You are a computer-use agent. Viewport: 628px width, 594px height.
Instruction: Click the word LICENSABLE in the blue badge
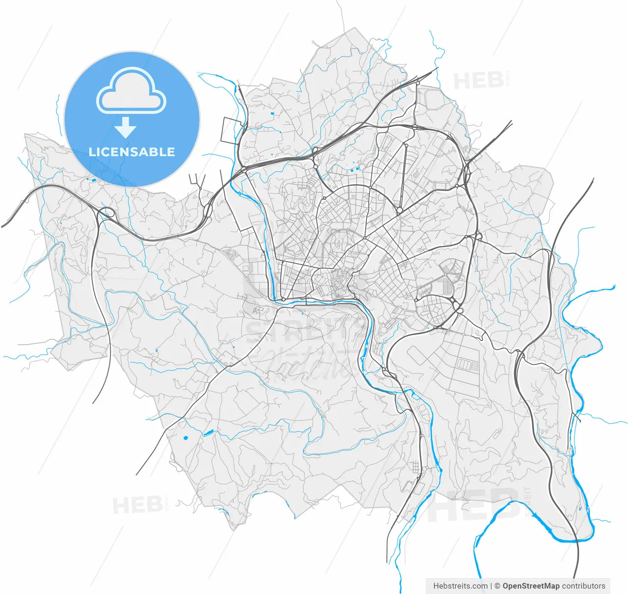pyautogui.click(x=131, y=152)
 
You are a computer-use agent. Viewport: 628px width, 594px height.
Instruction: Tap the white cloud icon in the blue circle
pyautogui.click(x=131, y=91)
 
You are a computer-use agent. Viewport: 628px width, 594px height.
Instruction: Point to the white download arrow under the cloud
pyautogui.click(x=126, y=128)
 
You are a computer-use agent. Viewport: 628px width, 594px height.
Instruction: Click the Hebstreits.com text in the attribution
pyautogui.click(x=460, y=586)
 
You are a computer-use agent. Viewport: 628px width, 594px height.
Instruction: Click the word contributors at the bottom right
pyautogui.click(x=584, y=586)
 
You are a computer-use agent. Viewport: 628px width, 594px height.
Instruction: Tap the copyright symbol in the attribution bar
pyautogui.click(x=497, y=586)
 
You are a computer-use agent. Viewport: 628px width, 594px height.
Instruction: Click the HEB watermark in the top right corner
pyautogui.click(x=478, y=81)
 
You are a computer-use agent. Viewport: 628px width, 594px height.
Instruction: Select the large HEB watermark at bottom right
pyautogui.click(x=473, y=506)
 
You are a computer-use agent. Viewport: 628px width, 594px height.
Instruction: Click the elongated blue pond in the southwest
pyautogui.click(x=208, y=433)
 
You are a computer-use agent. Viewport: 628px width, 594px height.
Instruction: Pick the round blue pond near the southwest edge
pyautogui.click(x=185, y=437)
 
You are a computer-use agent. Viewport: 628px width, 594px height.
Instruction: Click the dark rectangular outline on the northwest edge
pyautogui.click(x=232, y=131)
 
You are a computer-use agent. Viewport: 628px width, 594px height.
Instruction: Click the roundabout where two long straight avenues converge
pyautogui.click(x=399, y=210)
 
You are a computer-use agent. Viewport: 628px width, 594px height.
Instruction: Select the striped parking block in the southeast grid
pyautogui.click(x=467, y=364)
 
